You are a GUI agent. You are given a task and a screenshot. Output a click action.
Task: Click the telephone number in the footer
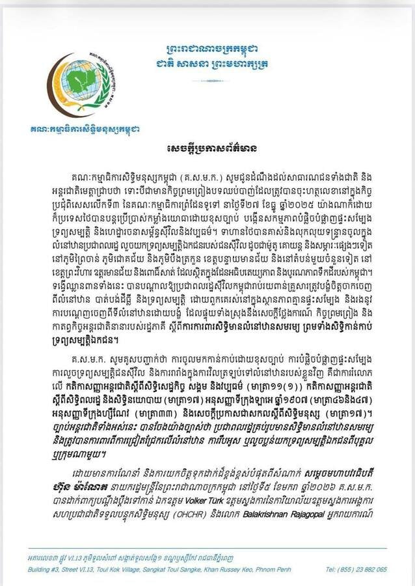(356, 569)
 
